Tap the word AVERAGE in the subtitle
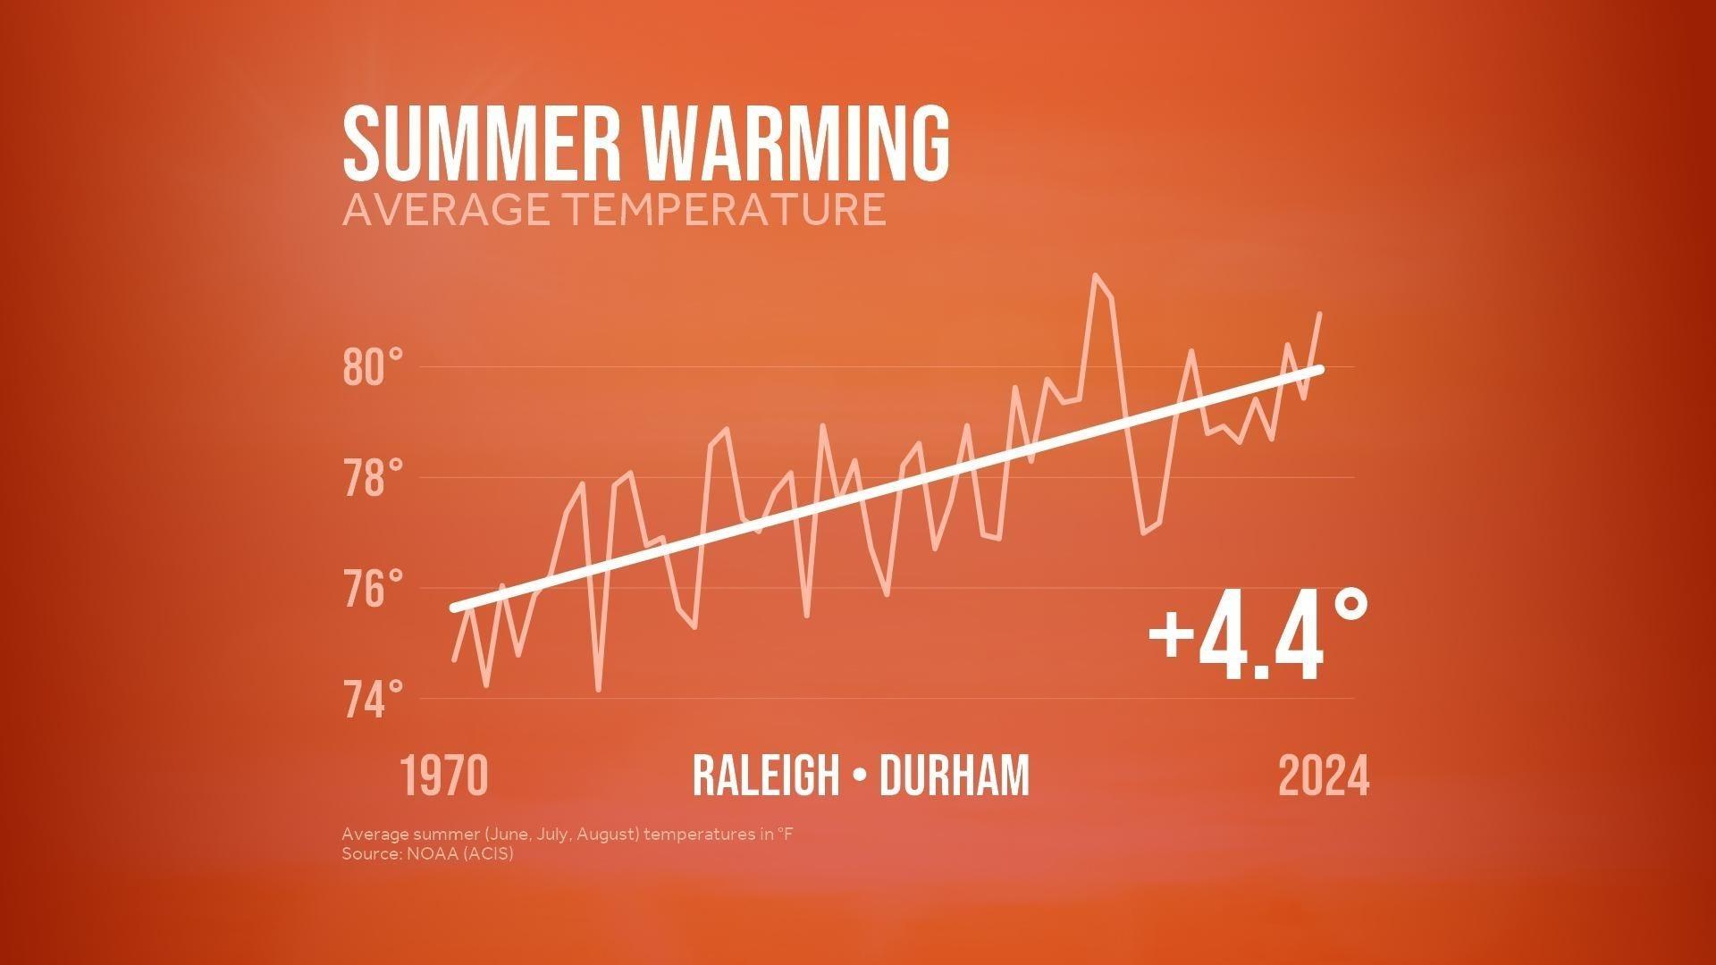tap(446, 209)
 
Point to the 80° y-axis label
tap(373, 367)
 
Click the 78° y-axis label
tap(373, 478)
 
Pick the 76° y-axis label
tap(373, 589)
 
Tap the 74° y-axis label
tap(373, 700)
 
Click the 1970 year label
tap(444, 776)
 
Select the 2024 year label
tap(1324, 776)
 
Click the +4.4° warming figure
tap(1258, 635)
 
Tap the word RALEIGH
tap(766, 776)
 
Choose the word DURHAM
tap(955, 776)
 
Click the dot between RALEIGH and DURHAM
tap(860, 776)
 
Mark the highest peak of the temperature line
tap(1095, 275)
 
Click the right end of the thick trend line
tap(1319, 369)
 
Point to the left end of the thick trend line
tap(455, 608)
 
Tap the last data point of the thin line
tap(1320, 314)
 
